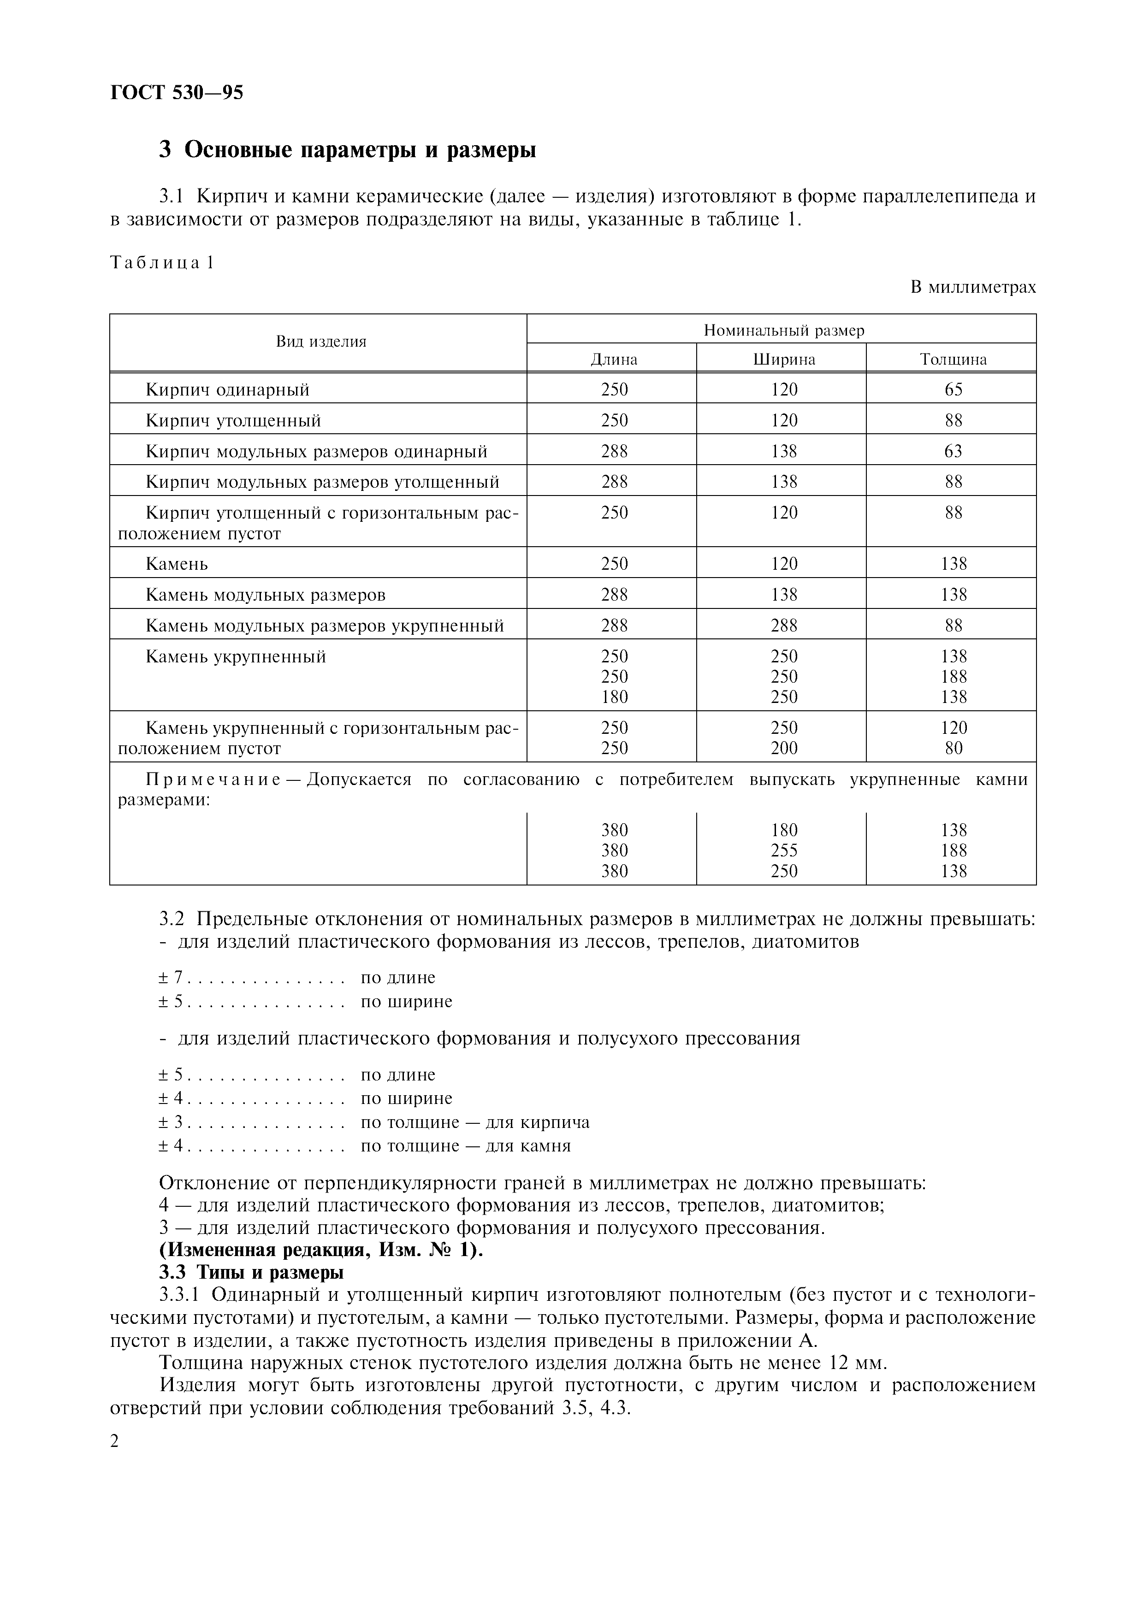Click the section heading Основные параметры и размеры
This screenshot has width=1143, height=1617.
coord(347,150)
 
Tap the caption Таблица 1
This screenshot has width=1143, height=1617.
coord(161,263)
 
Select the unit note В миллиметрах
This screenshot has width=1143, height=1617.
coord(972,287)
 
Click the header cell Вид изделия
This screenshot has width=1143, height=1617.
coord(321,342)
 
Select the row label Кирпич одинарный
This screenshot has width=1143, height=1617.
coord(227,390)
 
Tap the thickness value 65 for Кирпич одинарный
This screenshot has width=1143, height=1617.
coord(953,390)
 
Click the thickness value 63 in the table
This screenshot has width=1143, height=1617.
coord(953,451)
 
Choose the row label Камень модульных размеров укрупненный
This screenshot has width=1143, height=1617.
coord(325,626)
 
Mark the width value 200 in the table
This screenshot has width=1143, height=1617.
coord(784,749)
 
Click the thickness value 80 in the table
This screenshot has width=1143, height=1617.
coord(953,749)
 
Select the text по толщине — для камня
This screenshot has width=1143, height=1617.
coord(466,1146)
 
